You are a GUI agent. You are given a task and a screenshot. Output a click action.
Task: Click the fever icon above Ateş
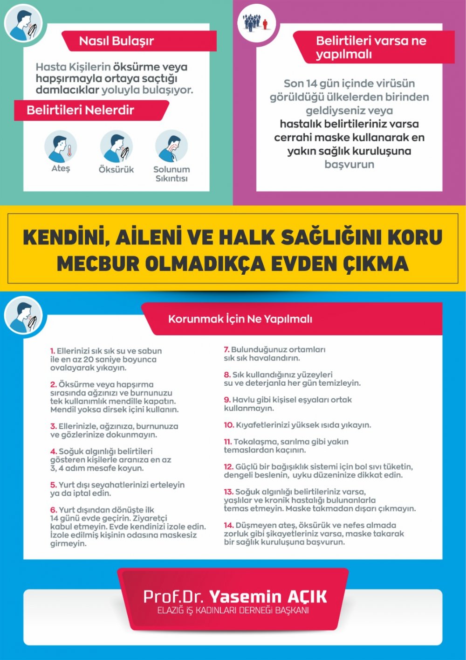pyautogui.click(x=60, y=146)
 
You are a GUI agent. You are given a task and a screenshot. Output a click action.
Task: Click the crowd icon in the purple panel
pyautogui.click(x=256, y=22)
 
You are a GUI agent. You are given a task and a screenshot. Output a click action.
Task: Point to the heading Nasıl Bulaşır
pyautogui.click(x=116, y=41)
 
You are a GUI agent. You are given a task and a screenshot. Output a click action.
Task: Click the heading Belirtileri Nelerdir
pyautogui.click(x=80, y=111)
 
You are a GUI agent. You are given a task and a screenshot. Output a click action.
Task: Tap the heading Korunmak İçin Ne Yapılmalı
pyautogui.click(x=240, y=319)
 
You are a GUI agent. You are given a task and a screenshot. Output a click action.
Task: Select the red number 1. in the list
pyautogui.click(x=53, y=351)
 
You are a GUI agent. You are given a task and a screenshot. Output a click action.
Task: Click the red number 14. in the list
pyautogui.click(x=228, y=525)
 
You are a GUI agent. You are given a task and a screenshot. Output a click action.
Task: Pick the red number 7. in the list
pyautogui.click(x=226, y=349)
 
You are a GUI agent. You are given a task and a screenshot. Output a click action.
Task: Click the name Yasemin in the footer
pyautogui.click(x=245, y=597)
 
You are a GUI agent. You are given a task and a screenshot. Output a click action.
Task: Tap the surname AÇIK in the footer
pyautogui.click(x=308, y=597)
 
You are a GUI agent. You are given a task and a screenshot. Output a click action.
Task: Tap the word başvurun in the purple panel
pyautogui.click(x=349, y=165)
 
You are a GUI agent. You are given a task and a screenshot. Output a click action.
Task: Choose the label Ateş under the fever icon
pyautogui.click(x=61, y=168)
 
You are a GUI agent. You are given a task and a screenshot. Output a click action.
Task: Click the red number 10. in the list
pyautogui.click(x=228, y=425)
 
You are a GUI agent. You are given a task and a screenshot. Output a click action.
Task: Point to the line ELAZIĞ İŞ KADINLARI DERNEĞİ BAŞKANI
pyautogui.click(x=233, y=611)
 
